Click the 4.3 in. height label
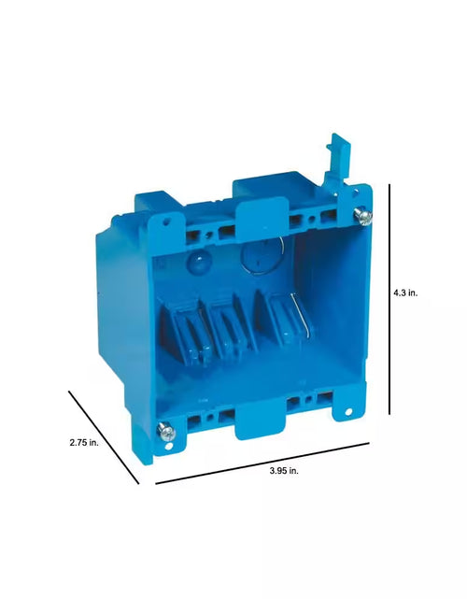405,293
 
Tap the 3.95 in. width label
284,471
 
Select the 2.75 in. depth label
84,442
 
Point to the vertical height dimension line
389,299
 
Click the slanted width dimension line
262,464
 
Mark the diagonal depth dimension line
104,437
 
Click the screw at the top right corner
362,216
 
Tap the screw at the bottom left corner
166,431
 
